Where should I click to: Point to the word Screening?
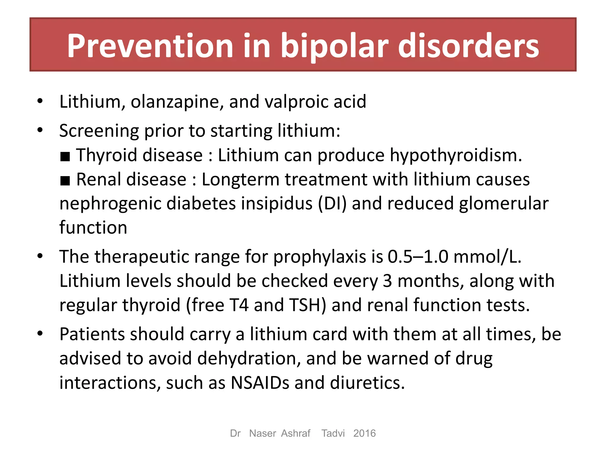pyautogui.click(x=99, y=131)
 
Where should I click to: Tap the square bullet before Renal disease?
pyautogui.click(x=65, y=181)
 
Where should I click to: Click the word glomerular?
pyautogui.click(x=504, y=204)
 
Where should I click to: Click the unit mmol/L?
pyautogui.click(x=487, y=257)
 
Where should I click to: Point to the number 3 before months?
pyautogui.click(x=387, y=281)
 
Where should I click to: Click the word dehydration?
pyautogui.click(x=249, y=359)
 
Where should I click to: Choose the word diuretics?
pyautogui.click(x=367, y=383)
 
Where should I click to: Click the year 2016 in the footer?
pyautogui.click(x=364, y=433)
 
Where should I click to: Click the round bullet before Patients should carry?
pyautogui.click(x=40, y=334)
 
